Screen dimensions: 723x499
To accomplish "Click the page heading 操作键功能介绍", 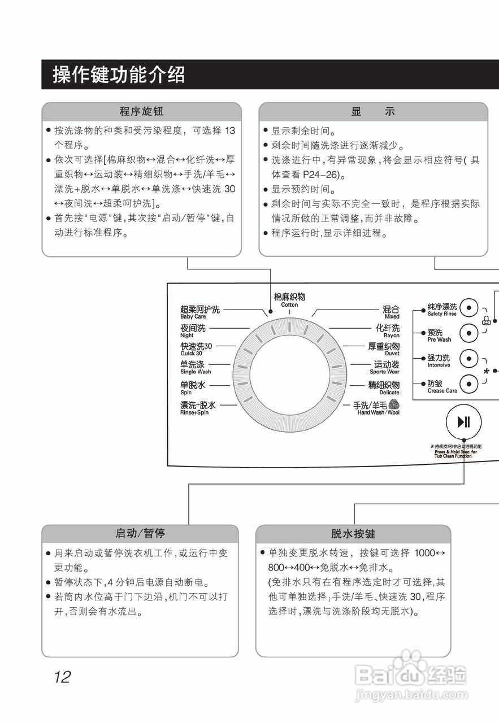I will tap(119, 75).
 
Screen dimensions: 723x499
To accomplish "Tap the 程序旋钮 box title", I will tap(141, 111).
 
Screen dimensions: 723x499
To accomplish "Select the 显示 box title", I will tap(373, 111).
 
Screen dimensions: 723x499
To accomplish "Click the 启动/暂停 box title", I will tap(140, 533).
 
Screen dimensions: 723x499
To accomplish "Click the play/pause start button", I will tap(463, 422).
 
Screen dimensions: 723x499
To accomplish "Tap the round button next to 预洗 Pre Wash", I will tap(468, 333).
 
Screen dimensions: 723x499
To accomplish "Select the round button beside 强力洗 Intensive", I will tap(468, 359).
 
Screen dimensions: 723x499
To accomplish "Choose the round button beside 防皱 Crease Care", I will tap(468, 385).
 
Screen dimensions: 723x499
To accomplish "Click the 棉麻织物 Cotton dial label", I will tap(289, 299).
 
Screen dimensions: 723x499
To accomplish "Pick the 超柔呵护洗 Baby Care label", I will tap(199, 312).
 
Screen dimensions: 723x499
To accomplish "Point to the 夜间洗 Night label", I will tap(193, 330).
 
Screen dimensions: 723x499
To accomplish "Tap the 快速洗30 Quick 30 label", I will tap(196, 349).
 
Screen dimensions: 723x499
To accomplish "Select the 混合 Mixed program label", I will tap(390, 312).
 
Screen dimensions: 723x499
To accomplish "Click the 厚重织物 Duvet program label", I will tap(384, 349).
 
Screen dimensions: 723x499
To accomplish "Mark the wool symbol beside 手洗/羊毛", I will tap(394, 404).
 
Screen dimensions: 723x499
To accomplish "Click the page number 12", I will tap(62, 677).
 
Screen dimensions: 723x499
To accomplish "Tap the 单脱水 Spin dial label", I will tap(193, 387).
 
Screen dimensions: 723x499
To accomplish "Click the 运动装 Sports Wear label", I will tap(385, 367).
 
